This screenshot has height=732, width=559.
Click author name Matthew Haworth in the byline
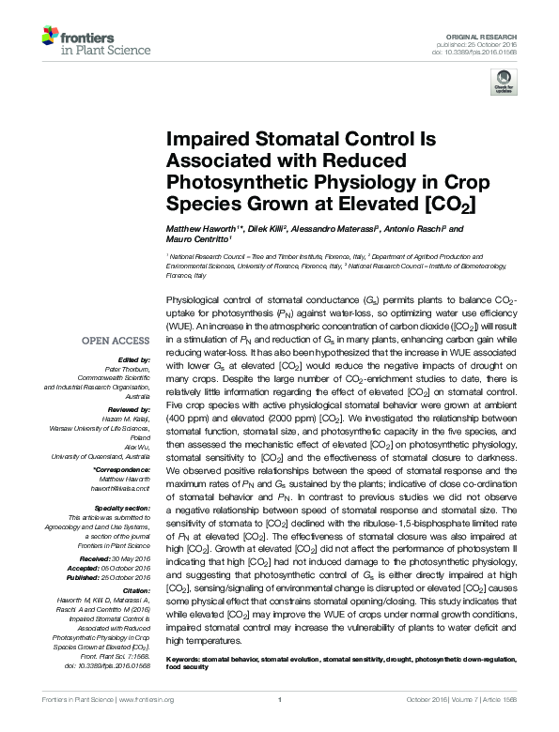(202, 228)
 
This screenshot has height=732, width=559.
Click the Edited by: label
(133, 359)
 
